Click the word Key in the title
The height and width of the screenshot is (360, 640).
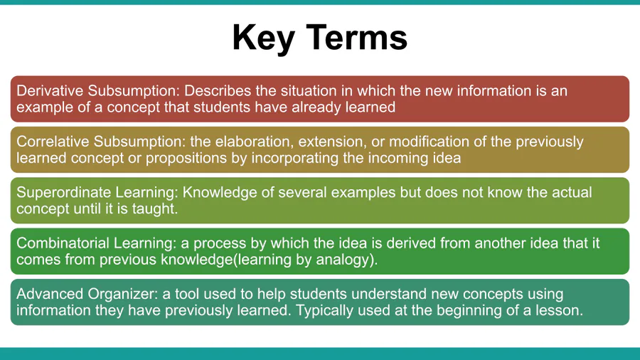click(x=264, y=38)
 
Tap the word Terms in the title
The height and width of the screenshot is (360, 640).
click(x=356, y=38)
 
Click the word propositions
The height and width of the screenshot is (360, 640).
click(x=186, y=158)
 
